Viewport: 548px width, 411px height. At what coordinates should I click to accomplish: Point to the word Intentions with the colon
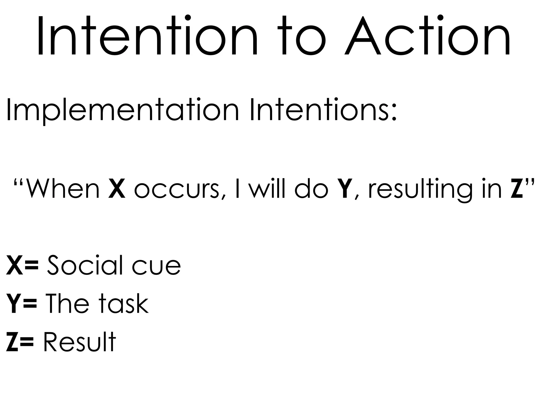click(322, 110)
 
